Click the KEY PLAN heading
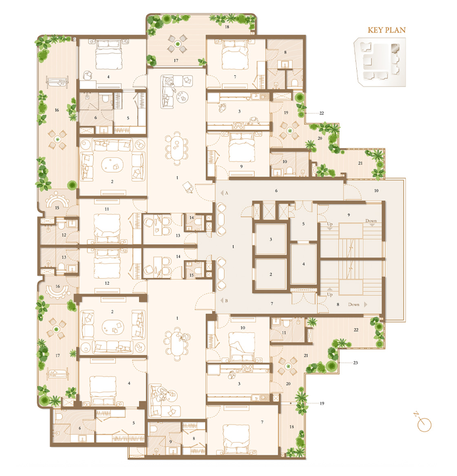click(386, 30)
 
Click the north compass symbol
click(423, 423)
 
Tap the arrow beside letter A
click(222, 193)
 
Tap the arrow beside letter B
click(222, 301)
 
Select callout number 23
click(355, 363)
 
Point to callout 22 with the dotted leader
click(322, 113)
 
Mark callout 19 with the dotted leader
click(322, 403)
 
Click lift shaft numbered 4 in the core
click(303, 264)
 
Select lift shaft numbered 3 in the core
click(271, 239)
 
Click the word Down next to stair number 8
click(354, 304)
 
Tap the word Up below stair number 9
click(330, 224)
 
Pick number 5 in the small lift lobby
click(303, 224)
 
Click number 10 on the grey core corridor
click(376, 190)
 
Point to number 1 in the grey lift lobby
click(233, 247)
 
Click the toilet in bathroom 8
click(294, 82)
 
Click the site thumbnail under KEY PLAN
click(380, 62)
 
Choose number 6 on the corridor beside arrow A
click(276, 190)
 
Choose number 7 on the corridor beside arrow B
click(272, 303)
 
